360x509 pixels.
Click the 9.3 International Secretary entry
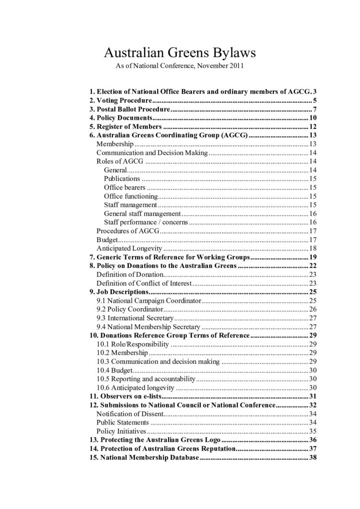[135, 318]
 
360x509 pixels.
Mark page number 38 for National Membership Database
[313, 457]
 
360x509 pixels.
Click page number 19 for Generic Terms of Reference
[313, 257]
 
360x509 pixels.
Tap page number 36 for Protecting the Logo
[313, 439]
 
